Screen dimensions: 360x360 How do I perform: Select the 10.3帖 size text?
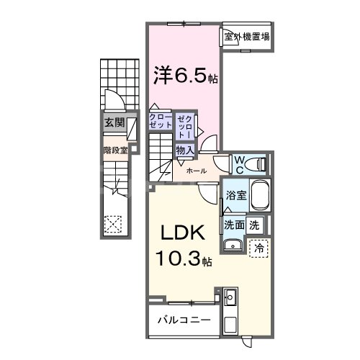coord(181,258)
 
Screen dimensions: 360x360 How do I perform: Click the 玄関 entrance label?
coord(112,122)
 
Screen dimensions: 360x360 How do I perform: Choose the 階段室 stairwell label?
coord(114,150)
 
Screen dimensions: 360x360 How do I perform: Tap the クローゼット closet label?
coord(160,121)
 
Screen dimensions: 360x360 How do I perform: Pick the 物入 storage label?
coord(184,150)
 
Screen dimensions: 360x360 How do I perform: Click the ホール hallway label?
coord(197,171)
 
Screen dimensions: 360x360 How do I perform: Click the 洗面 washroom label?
coord(234,225)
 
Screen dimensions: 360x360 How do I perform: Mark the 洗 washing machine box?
coord(254,225)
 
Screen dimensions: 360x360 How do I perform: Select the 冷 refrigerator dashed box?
coord(258,246)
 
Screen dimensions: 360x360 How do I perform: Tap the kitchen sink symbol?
coord(230,297)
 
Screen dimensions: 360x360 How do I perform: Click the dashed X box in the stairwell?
coord(113,223)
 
